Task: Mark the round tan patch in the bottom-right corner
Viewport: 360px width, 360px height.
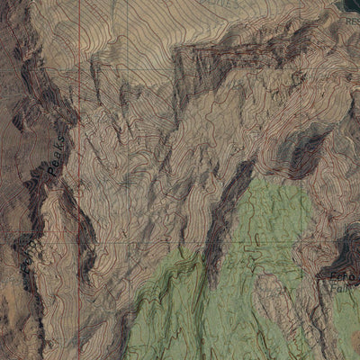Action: tap(346, 346)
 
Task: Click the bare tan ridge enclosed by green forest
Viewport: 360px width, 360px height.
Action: tap(270, 297)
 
